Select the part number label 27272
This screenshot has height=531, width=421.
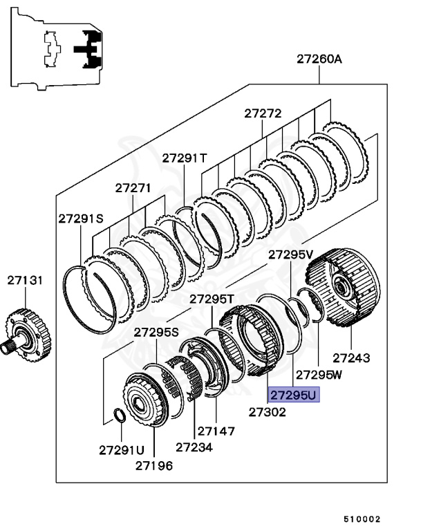coord(263,113)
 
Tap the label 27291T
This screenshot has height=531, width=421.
coord(185,158)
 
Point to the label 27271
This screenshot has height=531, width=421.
coord(133,187)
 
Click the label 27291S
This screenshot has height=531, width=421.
coord(81,218)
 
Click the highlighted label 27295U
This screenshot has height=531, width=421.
coord(293,395)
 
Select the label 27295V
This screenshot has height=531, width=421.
coord(291,254)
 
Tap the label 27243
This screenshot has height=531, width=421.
coord(351,358)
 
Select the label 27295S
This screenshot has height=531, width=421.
coord(156,332)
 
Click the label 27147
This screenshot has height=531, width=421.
coord(216,431)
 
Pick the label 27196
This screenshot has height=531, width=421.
coord(154,465)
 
